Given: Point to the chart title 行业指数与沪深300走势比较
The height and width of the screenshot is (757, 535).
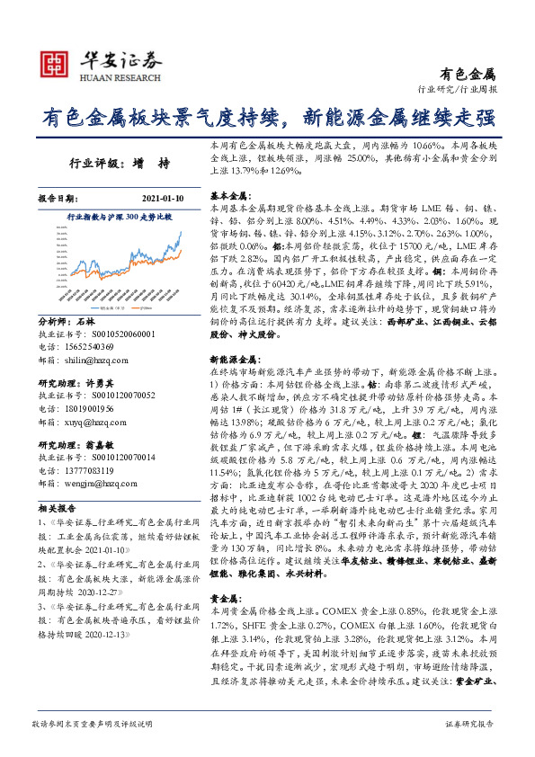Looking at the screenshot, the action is (119, 218).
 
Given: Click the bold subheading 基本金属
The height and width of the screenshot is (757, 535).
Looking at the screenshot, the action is (227, 195).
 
